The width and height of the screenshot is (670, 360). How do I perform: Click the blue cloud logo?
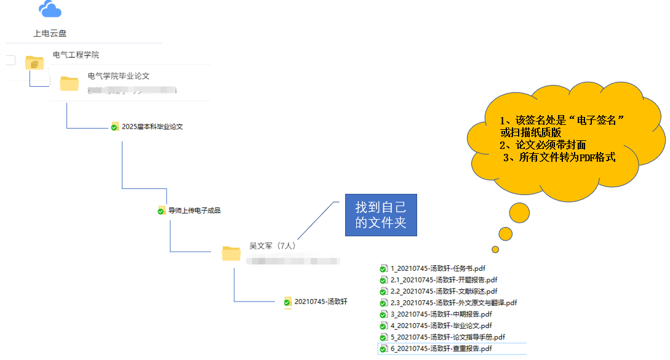(50, 9)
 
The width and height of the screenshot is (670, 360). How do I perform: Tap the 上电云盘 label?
(50, 33)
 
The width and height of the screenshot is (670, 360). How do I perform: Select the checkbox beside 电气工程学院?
(10, 60)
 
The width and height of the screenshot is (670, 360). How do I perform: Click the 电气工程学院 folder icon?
(34, 62)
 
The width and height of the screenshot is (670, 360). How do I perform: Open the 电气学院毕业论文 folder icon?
(69, 83)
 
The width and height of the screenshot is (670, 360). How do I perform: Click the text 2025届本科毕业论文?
(152, 127)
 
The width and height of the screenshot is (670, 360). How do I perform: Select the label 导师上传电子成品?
(194, 210)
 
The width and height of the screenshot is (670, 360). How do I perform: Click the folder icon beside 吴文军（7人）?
(231, 253)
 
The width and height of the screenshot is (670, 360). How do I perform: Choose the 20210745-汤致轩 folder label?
(321, 302)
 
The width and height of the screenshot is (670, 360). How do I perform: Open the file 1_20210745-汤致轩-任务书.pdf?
(437, 268)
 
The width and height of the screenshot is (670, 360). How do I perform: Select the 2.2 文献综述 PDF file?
(444, 291)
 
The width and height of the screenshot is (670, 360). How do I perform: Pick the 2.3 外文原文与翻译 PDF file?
(453, 303)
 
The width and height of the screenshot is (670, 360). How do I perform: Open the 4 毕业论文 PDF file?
(441, 326)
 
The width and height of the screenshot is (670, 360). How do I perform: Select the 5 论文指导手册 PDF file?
(447, 337)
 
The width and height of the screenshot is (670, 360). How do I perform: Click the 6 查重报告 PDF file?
(441, 349)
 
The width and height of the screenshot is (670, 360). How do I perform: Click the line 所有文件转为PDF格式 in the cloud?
(559, 158)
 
